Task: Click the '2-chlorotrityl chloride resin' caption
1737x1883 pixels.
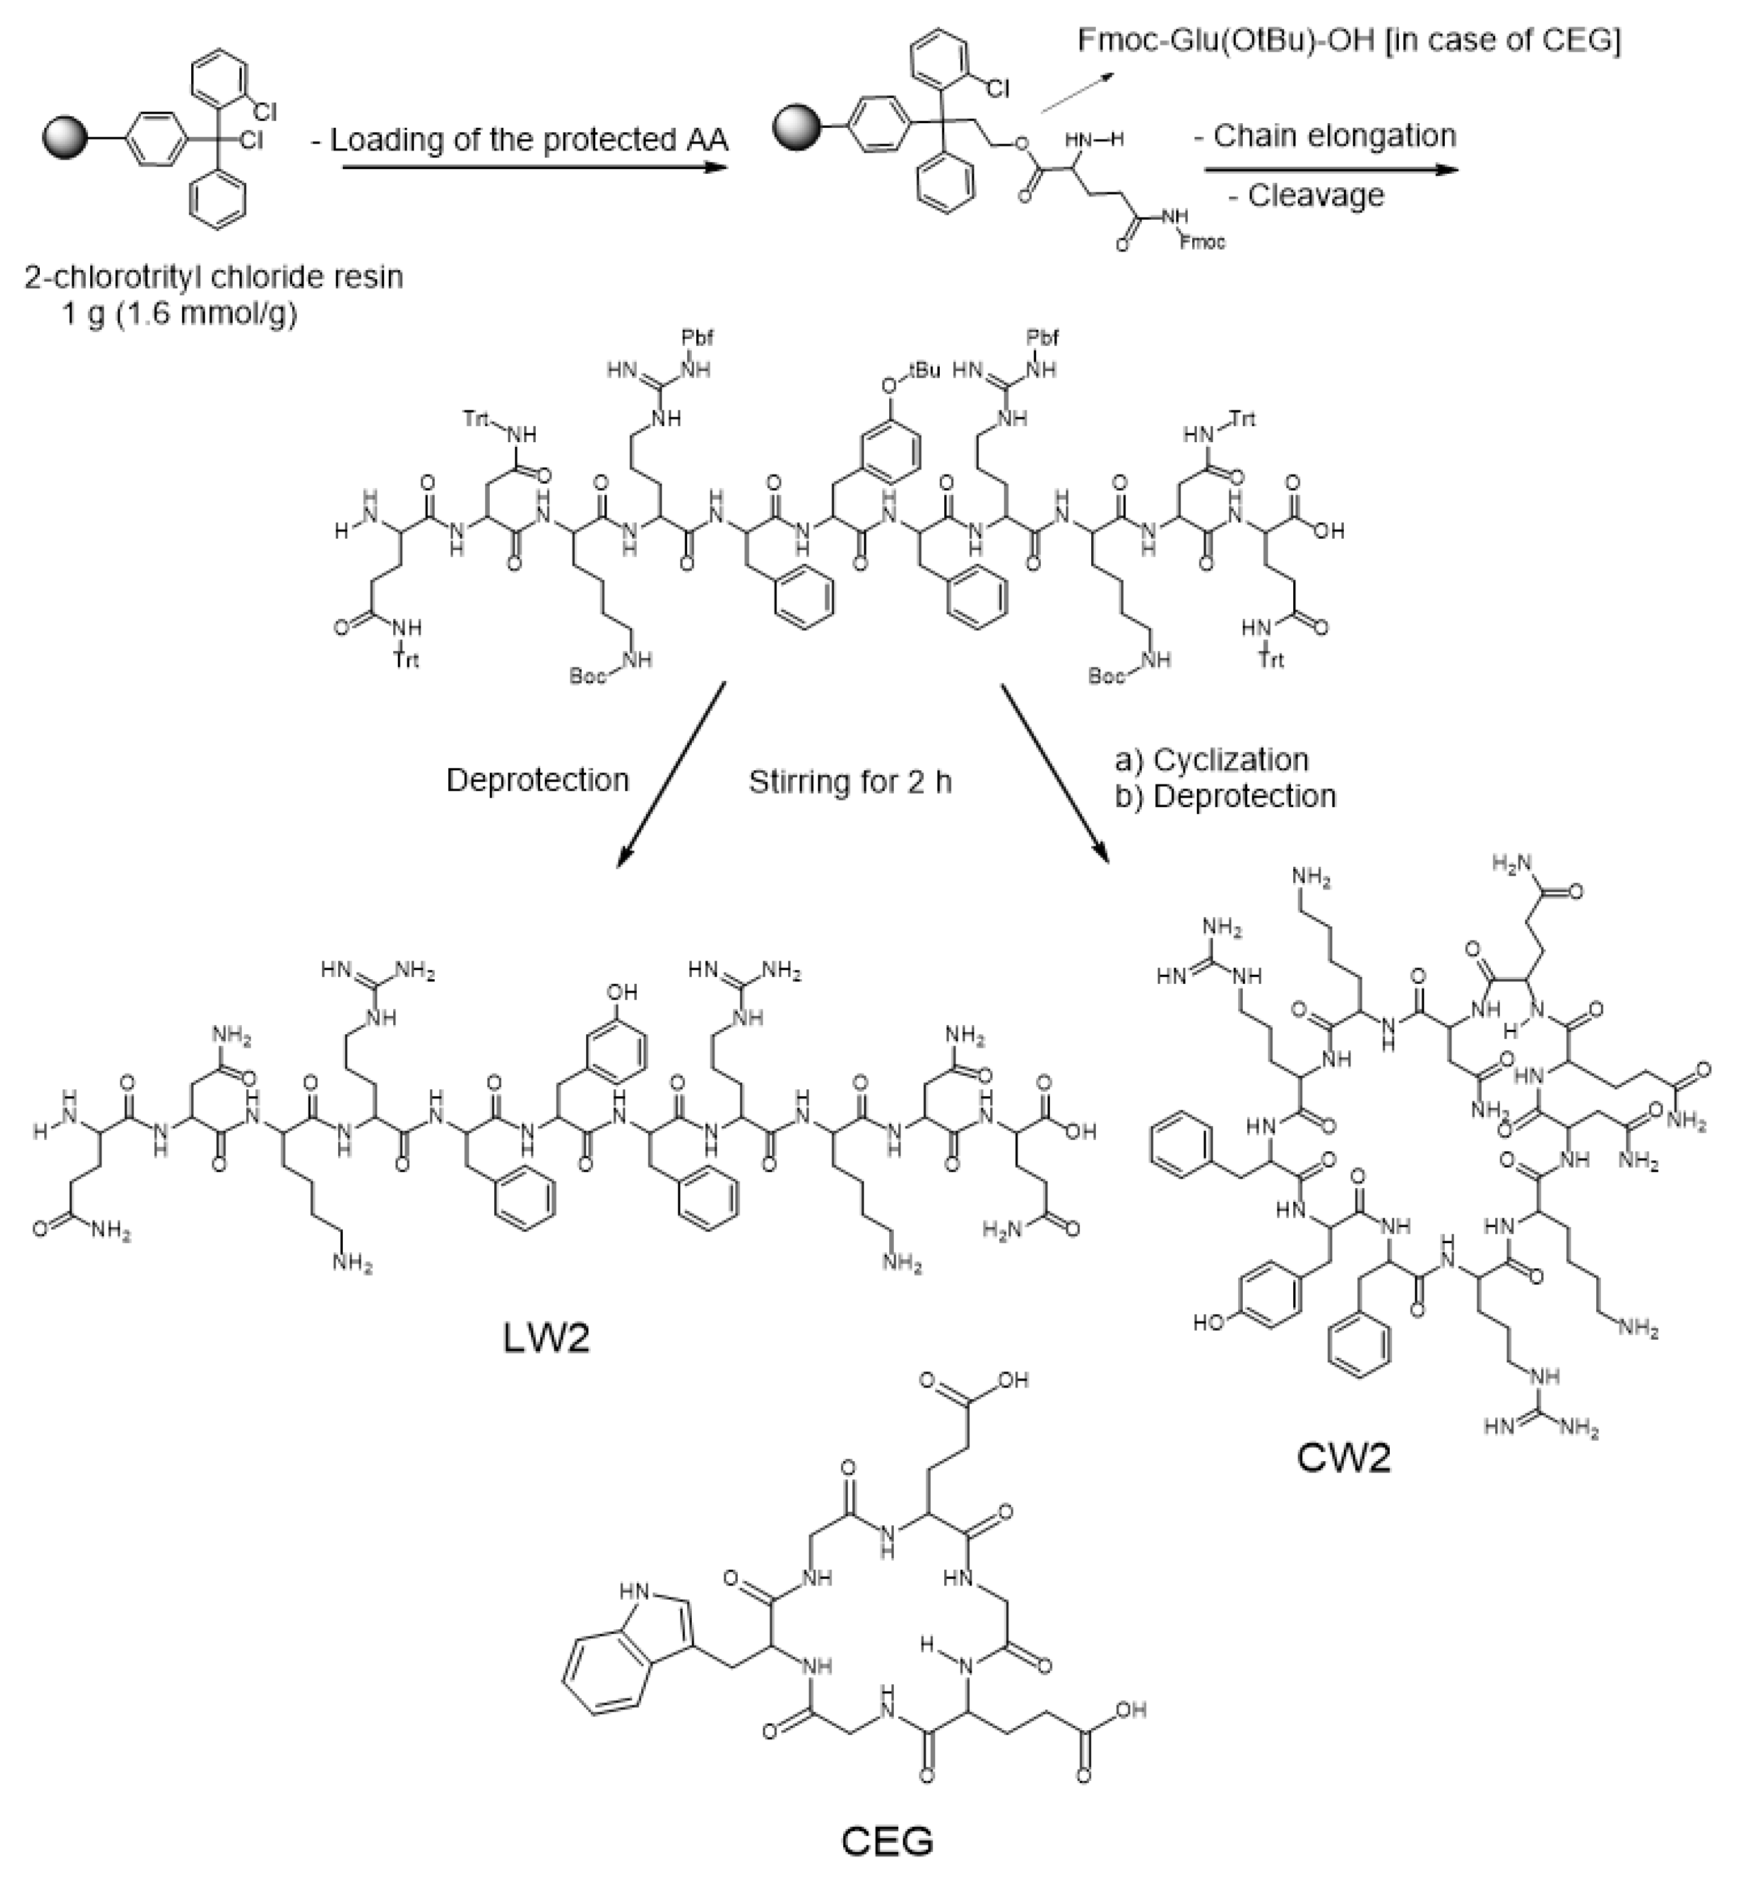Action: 215,278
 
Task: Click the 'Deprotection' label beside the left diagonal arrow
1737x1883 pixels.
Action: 537,780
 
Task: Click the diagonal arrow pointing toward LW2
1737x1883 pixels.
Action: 671,774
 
